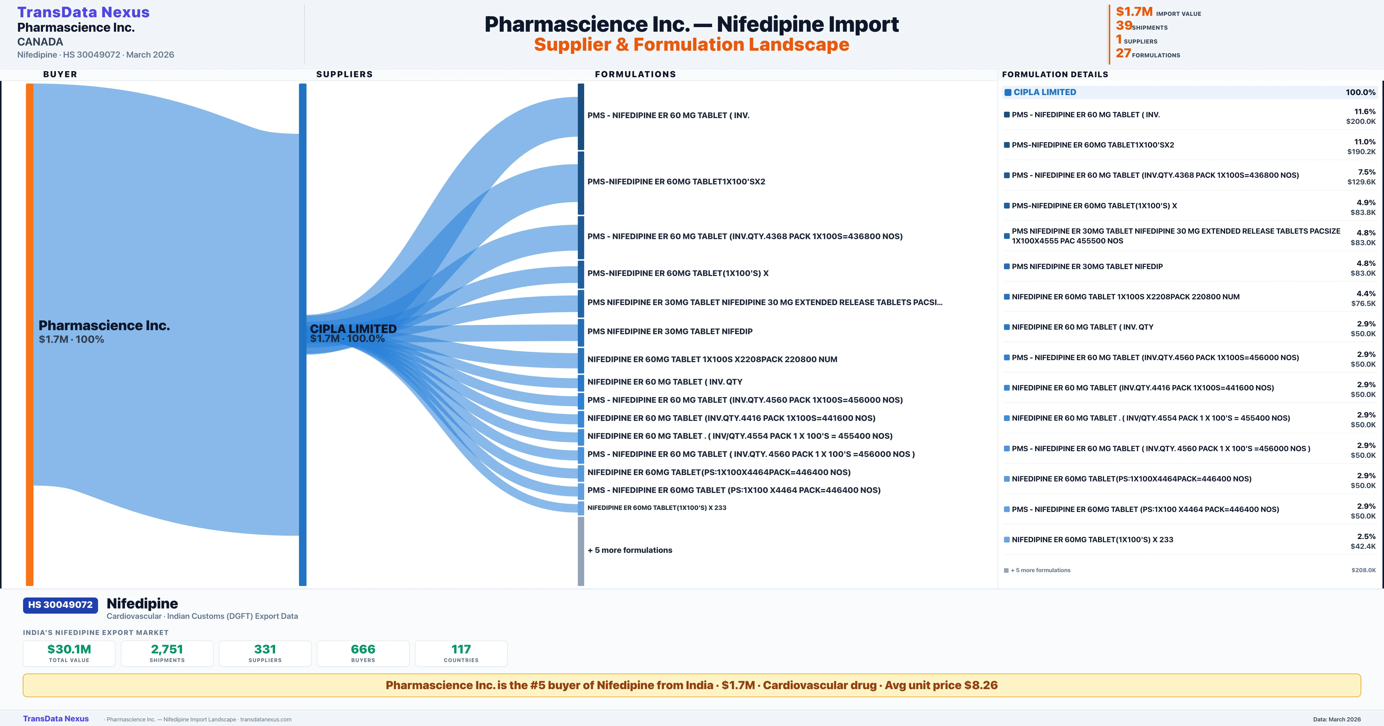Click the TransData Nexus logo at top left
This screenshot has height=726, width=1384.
click(x=83, y=12)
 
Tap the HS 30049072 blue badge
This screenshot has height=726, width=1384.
click(x=60, y=605)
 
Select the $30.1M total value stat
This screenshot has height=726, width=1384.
click(x=69, y=649)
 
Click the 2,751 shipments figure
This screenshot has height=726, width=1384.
click(x=167, y=649)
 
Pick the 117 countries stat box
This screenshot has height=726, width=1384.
click(x=461, y=653)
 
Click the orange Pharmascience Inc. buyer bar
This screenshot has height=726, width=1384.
click(x=29, y=333)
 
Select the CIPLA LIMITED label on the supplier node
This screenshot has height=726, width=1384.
click(x=353, y=329)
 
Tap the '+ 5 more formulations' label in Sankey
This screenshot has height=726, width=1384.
click(x=630, y=550)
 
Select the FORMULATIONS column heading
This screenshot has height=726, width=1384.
click(x=635, y=74)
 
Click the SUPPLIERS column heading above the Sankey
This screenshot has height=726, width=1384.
click(x=344, y=74)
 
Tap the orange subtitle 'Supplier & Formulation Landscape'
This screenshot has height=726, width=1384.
click(x=691, y=45)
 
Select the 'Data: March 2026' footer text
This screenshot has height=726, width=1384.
click(x=1337, y=719)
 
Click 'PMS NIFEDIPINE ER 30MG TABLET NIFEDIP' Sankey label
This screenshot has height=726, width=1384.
click(x=670, y=331)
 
